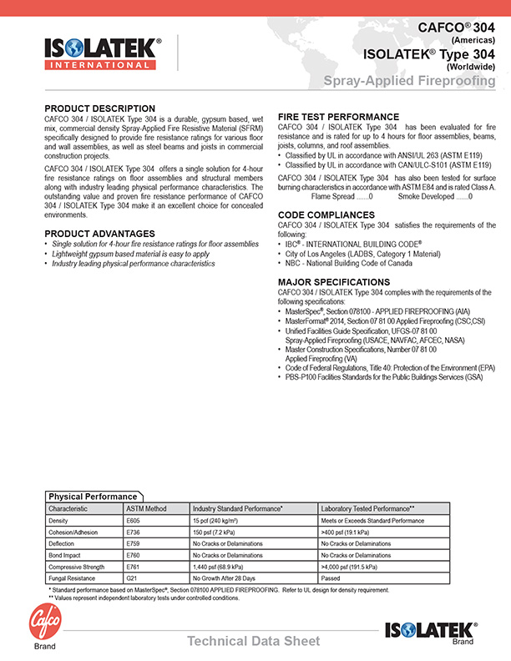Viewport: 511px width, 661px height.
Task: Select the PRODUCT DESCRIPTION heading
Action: point(99,108)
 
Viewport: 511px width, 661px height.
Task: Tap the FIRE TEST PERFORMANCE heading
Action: point(338,116)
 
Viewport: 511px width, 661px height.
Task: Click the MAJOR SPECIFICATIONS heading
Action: point(333,282)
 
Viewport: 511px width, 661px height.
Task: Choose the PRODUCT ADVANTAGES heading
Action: point(99,233)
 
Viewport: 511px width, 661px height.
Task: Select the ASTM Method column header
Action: point(146,508)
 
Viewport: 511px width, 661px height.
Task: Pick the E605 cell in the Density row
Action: point(133,520)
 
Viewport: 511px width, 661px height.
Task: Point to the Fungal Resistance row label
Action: point(73,578)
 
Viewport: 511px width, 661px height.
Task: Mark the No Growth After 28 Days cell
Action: point(224,578)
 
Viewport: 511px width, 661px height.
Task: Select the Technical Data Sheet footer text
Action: point(253,641)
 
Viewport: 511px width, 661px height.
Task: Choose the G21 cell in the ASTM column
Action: point(131,578)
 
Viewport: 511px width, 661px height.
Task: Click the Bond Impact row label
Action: point(66,555)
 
